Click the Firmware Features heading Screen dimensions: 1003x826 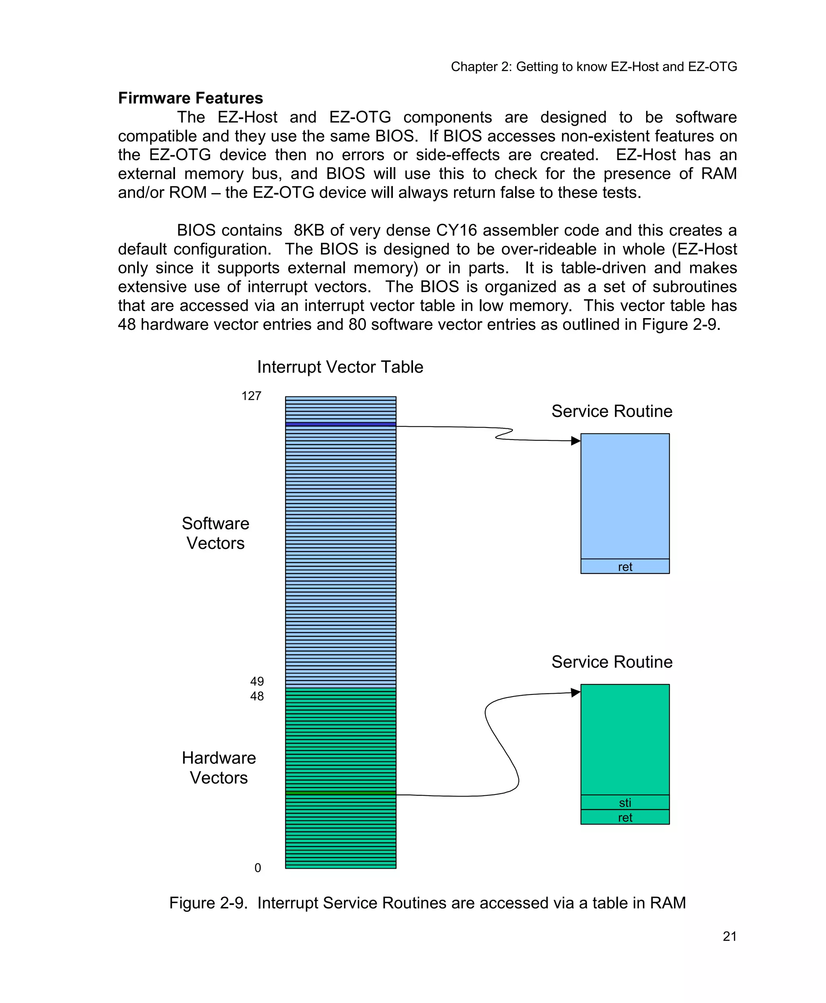coord(190,98)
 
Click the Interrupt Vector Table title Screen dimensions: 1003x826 coord(340,367)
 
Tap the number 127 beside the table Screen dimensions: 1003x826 coord(251,396)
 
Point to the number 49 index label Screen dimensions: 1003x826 coord(257,681)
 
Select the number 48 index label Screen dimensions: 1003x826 coord(257,696)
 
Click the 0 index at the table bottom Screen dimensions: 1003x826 coord(258,867)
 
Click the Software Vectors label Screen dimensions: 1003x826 coord(215,533)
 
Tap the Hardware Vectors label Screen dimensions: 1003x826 coord(219,767)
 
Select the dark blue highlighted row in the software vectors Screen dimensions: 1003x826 coord(341,424)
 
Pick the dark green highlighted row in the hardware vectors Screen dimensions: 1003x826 coord(341,793)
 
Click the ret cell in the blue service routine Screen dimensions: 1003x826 coord(625,566)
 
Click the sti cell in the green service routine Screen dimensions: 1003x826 coord(625,803)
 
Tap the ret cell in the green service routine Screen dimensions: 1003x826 coord(625,817)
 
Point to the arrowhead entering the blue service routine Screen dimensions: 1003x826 coord(576,440)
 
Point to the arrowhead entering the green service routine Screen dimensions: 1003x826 coord(576,692)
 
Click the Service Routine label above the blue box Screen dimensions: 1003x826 coord(612,411)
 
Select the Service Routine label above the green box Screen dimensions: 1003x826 coord(612,662)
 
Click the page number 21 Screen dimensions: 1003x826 coord(730,936)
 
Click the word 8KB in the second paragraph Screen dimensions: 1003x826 coord(309,230)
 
